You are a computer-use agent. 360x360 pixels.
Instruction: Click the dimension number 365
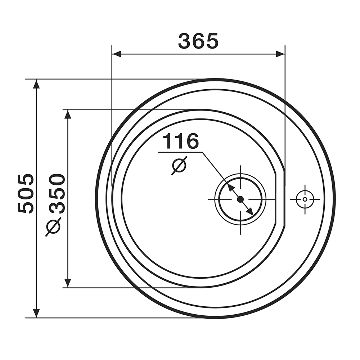pos(198,41)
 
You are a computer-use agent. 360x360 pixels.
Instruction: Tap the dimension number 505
pos(26,194)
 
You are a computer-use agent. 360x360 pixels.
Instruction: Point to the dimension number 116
pos(180,141)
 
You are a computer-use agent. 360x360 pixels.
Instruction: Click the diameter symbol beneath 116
pos(179,166)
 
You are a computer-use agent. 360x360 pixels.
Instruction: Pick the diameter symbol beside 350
pos(53,227)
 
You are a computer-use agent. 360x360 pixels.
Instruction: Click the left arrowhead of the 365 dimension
pos(116,54)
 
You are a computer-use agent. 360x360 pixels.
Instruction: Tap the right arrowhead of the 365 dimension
pos(280,54)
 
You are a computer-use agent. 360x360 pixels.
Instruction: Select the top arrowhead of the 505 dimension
pos(36,84)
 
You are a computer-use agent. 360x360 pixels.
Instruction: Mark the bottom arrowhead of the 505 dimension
pos(36,313)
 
